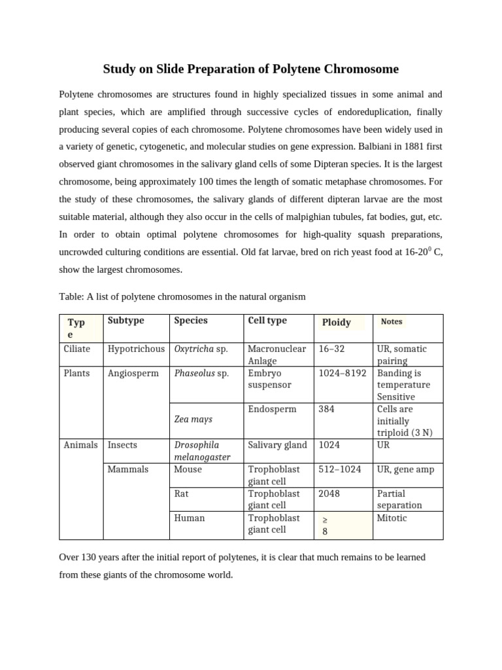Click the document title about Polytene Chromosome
(x=251, y=69)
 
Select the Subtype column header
(x=125, y=321)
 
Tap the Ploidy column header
(x=336, y=322)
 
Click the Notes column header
(x=392, y=321)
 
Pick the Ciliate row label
(x=77, y=349)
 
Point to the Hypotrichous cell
(x=136, y=349)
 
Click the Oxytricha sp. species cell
(x=201, y=349)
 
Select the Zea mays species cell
(x=193, y=419)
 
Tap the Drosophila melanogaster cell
(x=202, y=451)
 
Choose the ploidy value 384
(x=326, y=409)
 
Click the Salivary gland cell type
(x=277, y=445)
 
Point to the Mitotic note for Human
(x=392, y=518)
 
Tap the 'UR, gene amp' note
(x=405, y=469)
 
